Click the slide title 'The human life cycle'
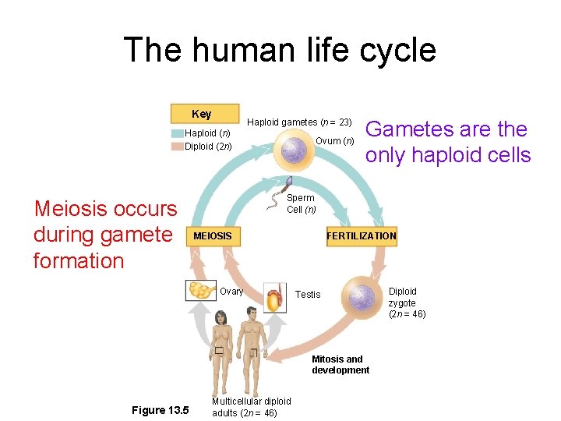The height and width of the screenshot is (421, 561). point(280,50)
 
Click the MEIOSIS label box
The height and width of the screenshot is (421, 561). point(212,235)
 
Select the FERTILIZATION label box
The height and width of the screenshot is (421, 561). point(361,235)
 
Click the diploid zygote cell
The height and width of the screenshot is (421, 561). point(362,296)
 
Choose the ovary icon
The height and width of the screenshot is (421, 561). point(201,291)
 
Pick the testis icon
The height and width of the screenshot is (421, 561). point(274,297)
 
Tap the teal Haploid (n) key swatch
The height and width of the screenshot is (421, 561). point(177,133)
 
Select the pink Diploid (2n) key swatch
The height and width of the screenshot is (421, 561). point(177,146)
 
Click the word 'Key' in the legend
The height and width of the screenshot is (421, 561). point(201,114)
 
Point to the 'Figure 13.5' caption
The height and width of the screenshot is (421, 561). point(160,410)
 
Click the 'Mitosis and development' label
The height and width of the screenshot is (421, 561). point(340,365)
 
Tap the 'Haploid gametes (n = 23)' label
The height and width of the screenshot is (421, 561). point(300,122)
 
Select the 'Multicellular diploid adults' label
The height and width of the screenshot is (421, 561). point(251,405)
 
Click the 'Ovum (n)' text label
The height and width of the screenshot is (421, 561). point(336,140)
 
